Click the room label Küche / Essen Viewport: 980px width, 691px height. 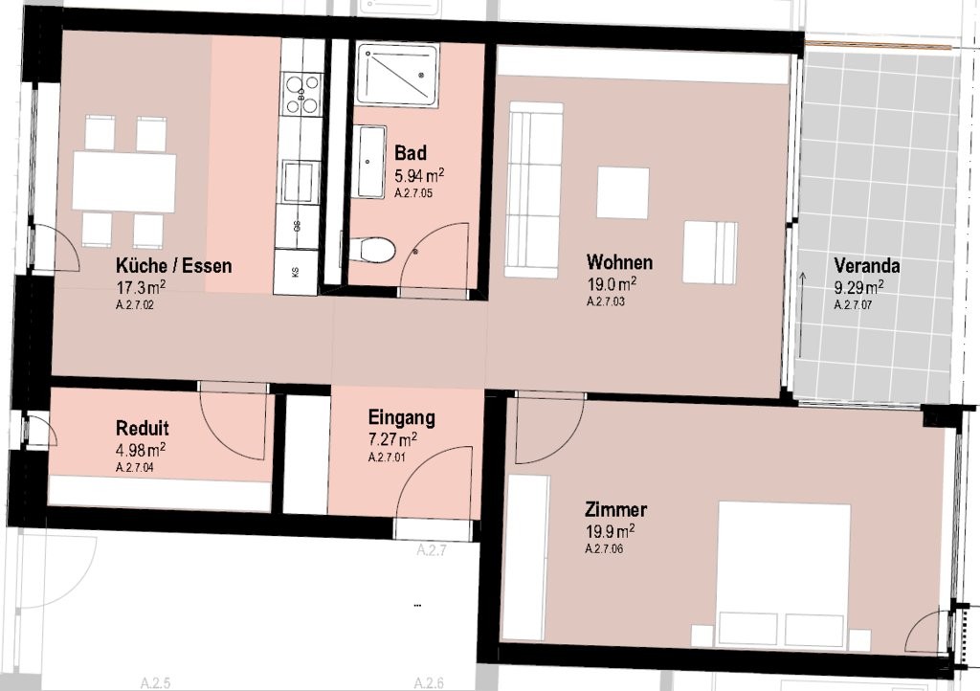click(x=172, y=266)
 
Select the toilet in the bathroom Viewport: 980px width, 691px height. click(x=372, y=251)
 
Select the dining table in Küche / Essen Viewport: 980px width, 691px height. click(x=124, y=183)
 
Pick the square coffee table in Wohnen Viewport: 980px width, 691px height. click(x=623, y=192)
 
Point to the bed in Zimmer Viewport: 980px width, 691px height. click(x=784, y=573)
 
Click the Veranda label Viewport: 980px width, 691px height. click(x=866, y=265)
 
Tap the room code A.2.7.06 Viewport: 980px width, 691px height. click(x=604, y=548)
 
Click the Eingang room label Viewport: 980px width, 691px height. click(x=401, y=417)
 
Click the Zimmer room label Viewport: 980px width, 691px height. click(x=614, y=509)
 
